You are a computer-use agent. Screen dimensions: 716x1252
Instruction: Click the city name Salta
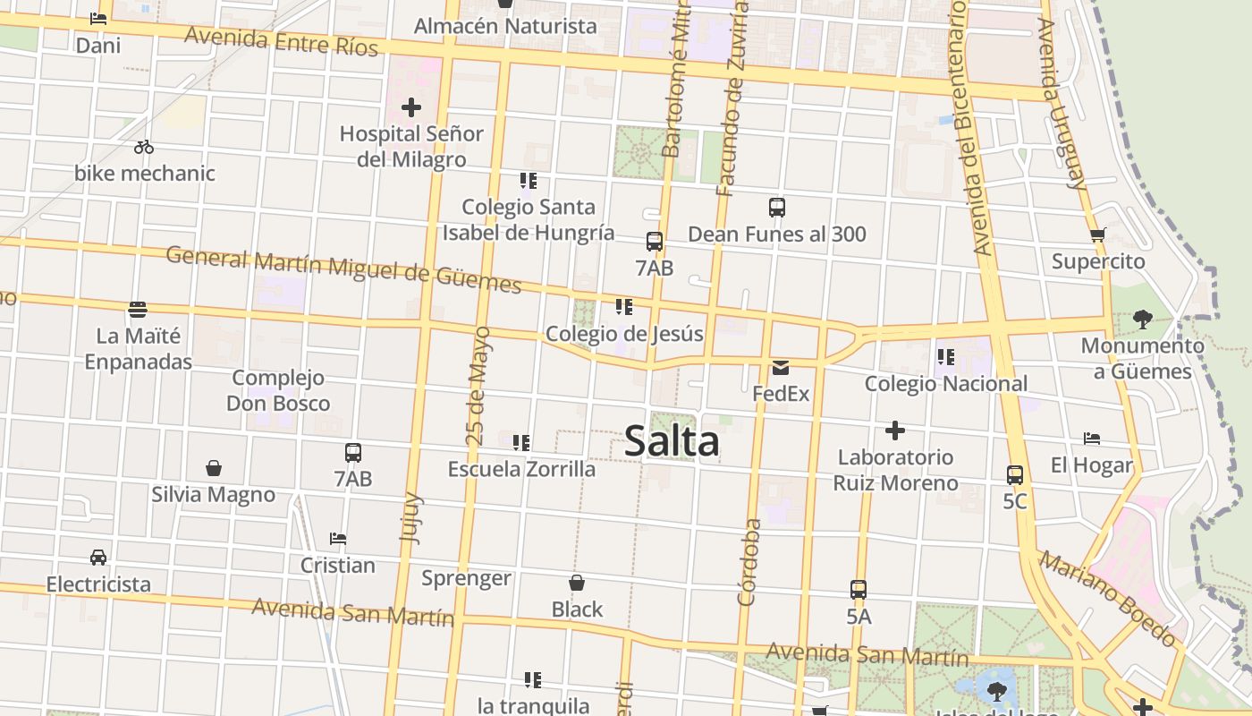click(x=671, y=441)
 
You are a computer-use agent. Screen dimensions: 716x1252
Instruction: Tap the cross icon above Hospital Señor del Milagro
click(x=411, y=108)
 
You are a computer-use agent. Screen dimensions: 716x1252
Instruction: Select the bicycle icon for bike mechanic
click(x=144, y=147)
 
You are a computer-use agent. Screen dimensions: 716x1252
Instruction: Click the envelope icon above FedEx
click(x=781, y=367)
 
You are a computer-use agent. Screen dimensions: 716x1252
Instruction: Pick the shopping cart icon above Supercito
click(x=1098, y=235)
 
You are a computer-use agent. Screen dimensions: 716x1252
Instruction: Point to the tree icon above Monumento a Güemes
click(x=1142, y=319)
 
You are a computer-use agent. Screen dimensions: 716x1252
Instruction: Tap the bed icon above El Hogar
click(x=1091, y=439)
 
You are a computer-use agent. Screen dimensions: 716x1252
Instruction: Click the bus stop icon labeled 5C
click(x=1015, y=475)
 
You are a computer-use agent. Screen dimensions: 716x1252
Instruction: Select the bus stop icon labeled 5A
click(x=859, y=590)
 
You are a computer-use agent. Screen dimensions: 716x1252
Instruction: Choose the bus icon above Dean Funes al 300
click(x=777, y=208)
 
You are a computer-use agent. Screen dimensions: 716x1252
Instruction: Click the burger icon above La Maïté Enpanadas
click(x=138, y=310)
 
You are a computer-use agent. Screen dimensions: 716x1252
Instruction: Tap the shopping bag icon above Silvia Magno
click(x=214, y=468)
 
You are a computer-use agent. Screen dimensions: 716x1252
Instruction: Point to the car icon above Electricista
click(x=98, y=558)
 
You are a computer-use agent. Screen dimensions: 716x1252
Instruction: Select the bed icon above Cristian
click(x=337, y=539)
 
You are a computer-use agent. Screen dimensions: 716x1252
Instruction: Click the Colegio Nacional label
click(x=945, y=384)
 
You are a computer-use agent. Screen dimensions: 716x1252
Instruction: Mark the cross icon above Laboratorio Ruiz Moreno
click(x=895, y=430)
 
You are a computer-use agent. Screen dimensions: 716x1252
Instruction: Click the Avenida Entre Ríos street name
click(x=282, y=41)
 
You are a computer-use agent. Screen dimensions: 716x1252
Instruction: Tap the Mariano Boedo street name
click(x=1108, y=599)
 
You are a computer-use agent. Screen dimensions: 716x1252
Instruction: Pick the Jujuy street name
click(x=411, y=518)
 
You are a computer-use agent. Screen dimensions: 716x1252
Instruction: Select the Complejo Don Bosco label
click(x=278, y=390)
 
